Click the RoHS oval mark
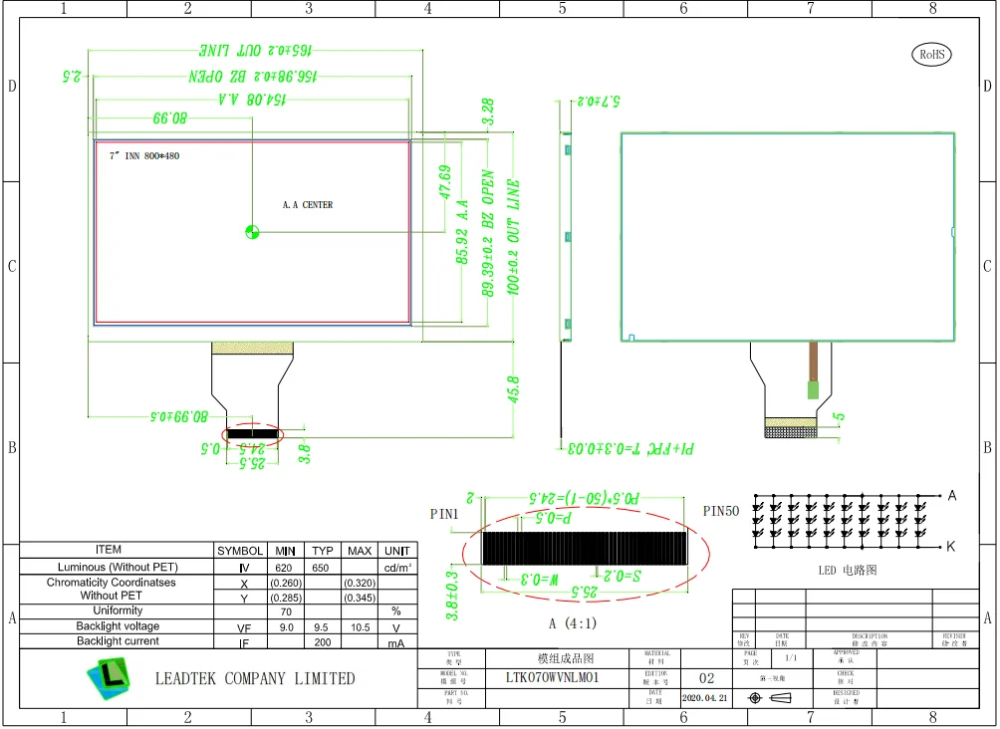[931, 55]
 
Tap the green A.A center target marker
[251, 232]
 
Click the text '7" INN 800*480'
[144, 156]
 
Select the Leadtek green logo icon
[109, 680]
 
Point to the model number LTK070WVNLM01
[552, 677]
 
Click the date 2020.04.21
[705, 699]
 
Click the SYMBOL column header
[240, 551]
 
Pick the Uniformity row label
[118, 610]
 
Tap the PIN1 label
[445, 514]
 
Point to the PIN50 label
[722, 511]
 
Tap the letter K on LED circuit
[950, 546]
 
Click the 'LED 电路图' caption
[849, 571]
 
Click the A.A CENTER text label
[308, 205]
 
